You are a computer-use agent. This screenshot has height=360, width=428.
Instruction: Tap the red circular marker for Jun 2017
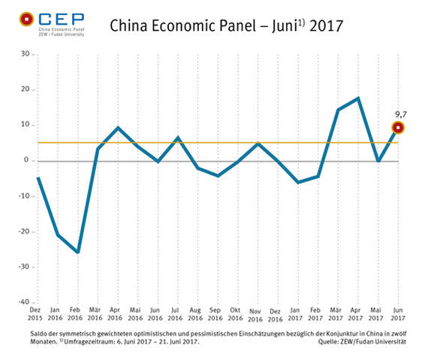(x=399, y=127)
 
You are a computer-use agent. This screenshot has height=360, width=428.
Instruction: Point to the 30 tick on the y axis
(x=25, y=54)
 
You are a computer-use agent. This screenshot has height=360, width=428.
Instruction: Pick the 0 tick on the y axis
(x=28, y=160)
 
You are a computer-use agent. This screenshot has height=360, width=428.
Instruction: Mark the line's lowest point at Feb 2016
(x=78, y=252)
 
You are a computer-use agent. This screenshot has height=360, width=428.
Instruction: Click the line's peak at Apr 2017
(x=359, y=98)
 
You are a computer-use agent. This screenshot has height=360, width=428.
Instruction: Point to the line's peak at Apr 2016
(x=118, y=127)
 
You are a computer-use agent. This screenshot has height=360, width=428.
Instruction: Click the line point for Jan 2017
(x=299, y=182)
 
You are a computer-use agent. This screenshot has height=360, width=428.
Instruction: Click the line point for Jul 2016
(x=178, y=137)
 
